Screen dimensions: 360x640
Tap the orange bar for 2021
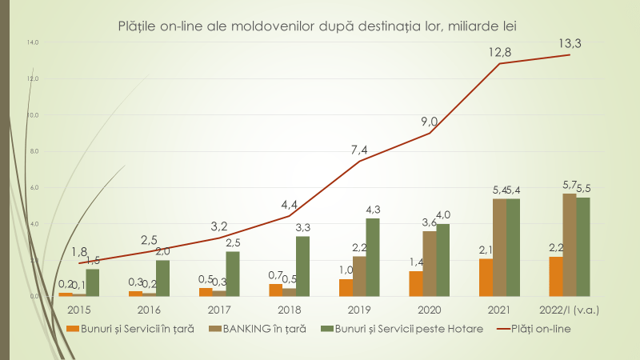point(486,277)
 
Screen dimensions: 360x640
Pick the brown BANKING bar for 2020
point(430,263)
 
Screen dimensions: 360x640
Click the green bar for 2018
point(302,266)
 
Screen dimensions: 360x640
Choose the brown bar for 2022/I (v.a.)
point(570,244)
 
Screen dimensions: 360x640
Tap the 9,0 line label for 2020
point(430,122)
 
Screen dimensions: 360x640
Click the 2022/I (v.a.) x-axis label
point(570,309)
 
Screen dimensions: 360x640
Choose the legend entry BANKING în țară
point(262,329)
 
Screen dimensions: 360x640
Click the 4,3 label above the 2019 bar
point(373,210)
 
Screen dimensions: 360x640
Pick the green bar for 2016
point(162,278)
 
